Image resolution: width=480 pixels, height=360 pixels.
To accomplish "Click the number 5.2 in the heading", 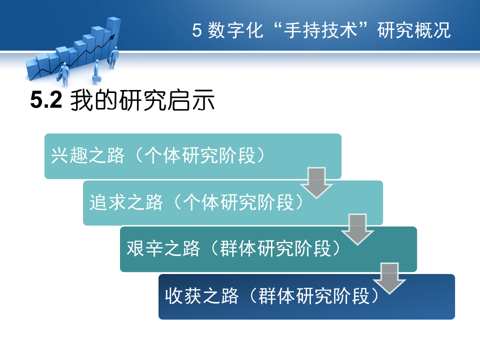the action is coord(46,100).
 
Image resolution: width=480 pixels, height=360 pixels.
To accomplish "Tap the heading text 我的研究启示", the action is coord(142,100).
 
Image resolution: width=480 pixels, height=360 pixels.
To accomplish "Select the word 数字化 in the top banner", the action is coord(235,30).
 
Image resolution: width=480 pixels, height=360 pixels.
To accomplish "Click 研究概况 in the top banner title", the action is coord(414,30).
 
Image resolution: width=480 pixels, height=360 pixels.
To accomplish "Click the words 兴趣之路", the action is coord(87,155).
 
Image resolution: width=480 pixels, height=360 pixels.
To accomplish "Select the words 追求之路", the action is coord(126,202).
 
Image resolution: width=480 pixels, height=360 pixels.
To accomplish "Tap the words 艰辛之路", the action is coord(163,248).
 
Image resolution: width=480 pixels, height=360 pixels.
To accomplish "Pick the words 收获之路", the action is coord(201,296).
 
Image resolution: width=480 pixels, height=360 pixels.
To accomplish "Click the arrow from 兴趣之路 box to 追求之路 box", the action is coord(316,183).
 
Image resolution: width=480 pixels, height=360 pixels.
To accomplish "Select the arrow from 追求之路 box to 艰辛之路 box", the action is coord(357,229).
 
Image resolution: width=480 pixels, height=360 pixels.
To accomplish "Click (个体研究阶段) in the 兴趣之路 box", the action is coord(199,155).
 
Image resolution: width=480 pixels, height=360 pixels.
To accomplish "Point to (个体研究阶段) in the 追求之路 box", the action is coord(238,202).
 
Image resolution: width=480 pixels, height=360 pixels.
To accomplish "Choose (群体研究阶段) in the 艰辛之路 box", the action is coord(275,248).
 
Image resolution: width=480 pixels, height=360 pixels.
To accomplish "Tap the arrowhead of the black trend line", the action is coord(112,36).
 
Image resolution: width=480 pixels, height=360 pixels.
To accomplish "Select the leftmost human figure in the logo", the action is coord(64,74).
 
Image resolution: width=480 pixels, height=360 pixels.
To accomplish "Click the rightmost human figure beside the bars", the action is coord(114,57).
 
